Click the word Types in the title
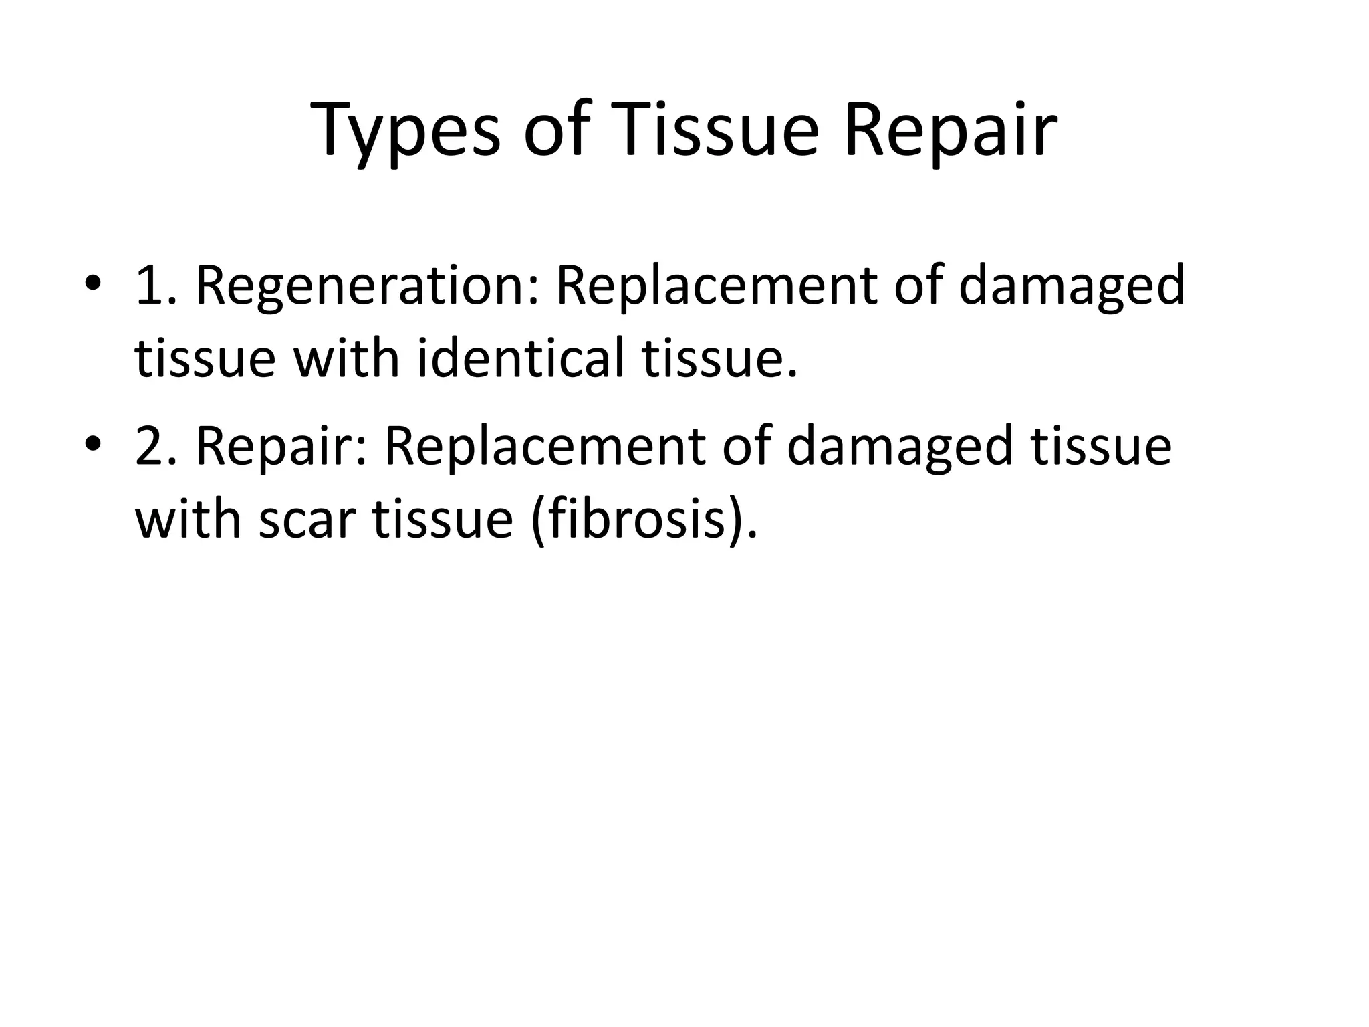406,130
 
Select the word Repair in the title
950,130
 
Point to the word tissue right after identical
719,358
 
